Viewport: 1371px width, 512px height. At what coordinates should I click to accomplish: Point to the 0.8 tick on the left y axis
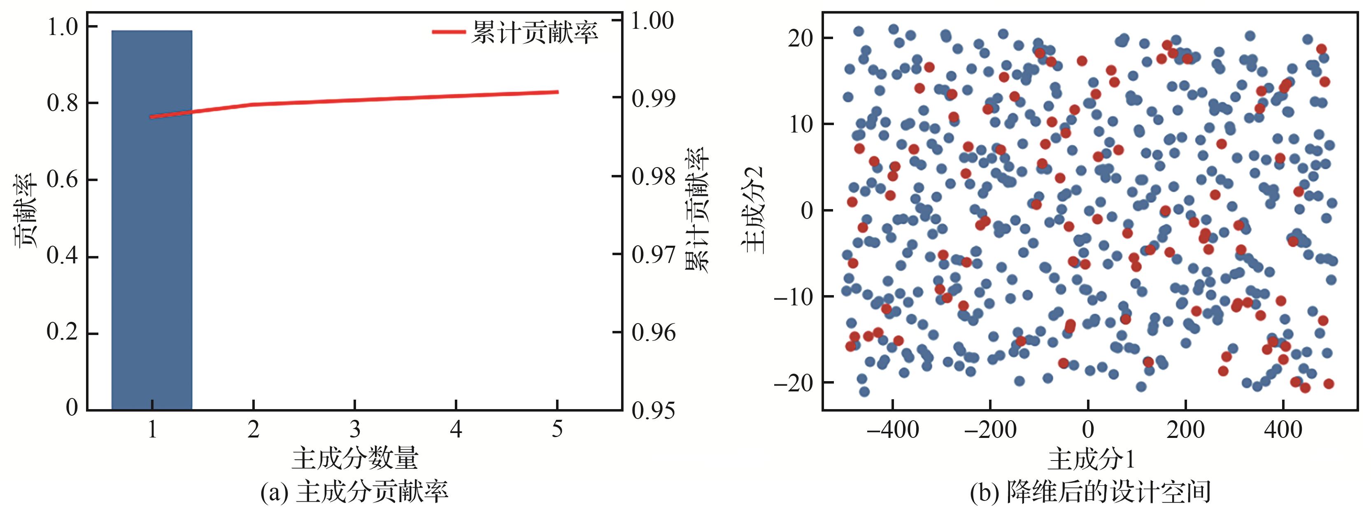63,103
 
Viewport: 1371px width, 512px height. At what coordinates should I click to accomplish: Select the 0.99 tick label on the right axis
652,98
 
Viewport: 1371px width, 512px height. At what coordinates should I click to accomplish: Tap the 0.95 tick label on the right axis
652,410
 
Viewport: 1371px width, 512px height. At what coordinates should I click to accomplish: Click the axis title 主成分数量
355,458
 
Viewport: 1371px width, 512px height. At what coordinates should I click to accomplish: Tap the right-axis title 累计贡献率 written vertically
697,211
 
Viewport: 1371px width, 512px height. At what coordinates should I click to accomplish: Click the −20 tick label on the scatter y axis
793,383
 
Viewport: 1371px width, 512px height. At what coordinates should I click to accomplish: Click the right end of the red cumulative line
557,92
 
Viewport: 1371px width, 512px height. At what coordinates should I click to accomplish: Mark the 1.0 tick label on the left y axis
63,27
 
